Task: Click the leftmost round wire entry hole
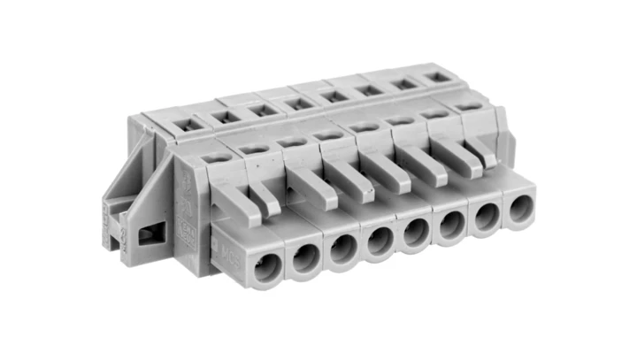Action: [x=265, y=268]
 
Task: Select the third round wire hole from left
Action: [x=343, y=250]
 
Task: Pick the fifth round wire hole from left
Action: [x=415, y=234]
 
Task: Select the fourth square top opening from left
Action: [x=298, y=104]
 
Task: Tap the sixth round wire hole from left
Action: [x=450, y=226]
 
